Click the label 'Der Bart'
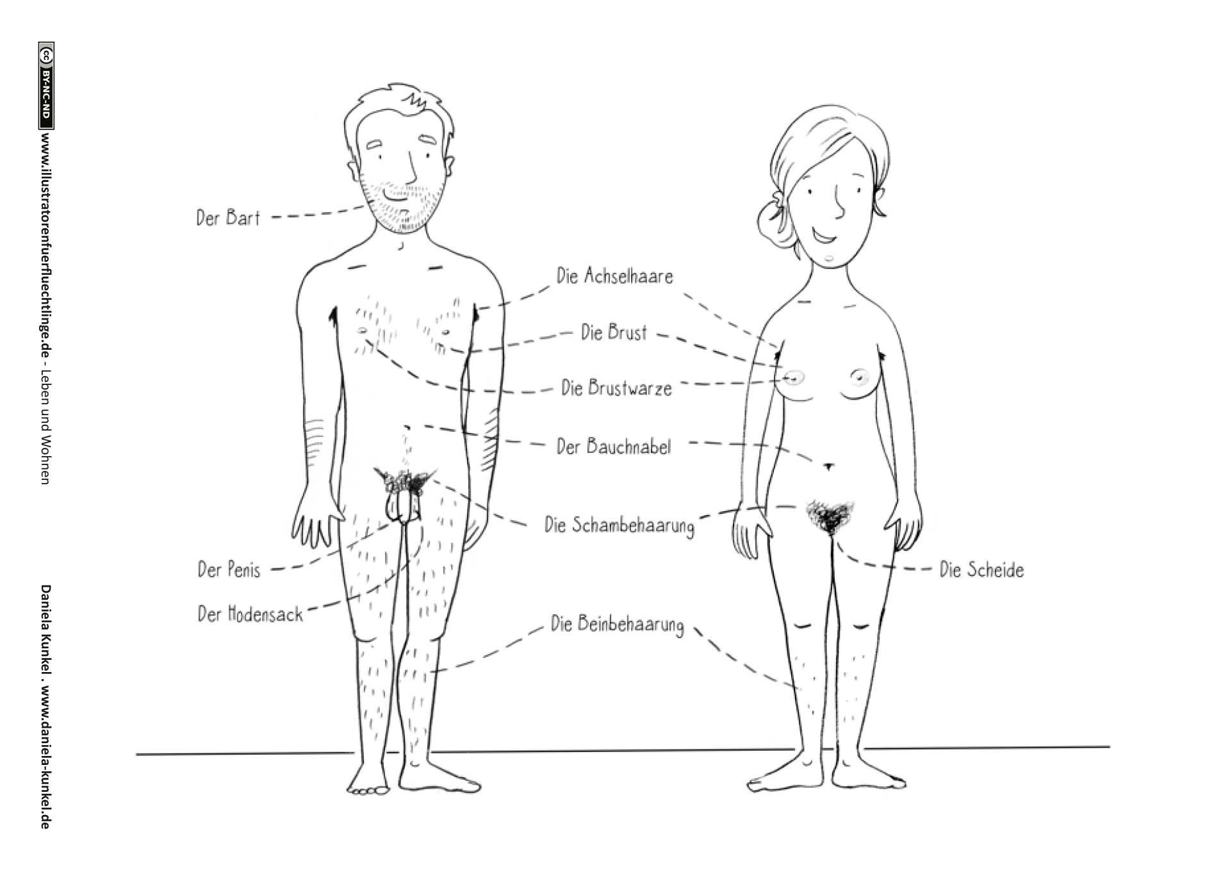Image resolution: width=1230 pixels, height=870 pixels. [x=228, y=218]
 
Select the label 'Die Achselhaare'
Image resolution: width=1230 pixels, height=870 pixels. [x=614, y=277]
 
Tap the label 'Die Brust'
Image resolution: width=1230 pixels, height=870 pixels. [x=614, y=332]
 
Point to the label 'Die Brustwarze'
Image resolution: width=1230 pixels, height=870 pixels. [x=616, y=388]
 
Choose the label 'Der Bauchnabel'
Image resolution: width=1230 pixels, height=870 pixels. [x=613, y=447]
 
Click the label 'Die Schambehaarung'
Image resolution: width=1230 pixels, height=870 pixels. [x=619, y=525]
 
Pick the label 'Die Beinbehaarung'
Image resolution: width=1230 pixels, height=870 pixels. [x=617, y=624]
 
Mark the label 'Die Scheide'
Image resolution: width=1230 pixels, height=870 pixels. [x=981, y=570]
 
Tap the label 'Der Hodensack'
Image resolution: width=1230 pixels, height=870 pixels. [x=250, y=614]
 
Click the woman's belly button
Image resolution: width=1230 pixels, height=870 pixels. [x=828, y=466]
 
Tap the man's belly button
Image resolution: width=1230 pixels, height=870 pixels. [x=406, y=427]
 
